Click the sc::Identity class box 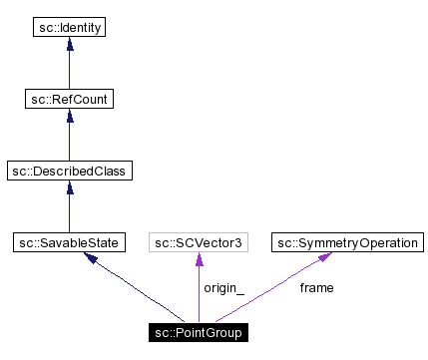point(68,27)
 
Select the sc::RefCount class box point(68,99)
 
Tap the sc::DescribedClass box point(68,171)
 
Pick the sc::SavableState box point(68,242)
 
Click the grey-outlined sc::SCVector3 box point(199,242)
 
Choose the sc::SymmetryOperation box point(348,242)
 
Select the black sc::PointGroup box point(199,331)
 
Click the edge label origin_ point(223,288)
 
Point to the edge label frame point(316,288)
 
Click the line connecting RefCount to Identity point(68,70)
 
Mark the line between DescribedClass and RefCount point(68,142)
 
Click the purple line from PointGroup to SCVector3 point(199,294)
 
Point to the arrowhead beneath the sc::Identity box point(68,45)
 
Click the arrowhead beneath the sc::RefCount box point(68,117)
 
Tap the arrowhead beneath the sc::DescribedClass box point(68,188)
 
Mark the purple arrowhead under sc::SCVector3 point(199,260)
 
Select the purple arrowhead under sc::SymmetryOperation point(325,258)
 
